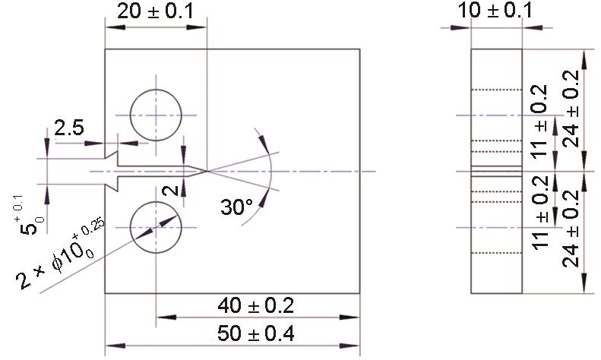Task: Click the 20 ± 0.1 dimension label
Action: tap(156, 11)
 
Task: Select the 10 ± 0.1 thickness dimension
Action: tap(495, 11)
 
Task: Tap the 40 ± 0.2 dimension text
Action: tap(255, 305)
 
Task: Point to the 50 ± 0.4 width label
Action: tap(255, 333)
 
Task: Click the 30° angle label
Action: tap(236, 207)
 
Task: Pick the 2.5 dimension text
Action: tap(69, 128)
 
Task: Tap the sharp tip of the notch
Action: tap(207, 171)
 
